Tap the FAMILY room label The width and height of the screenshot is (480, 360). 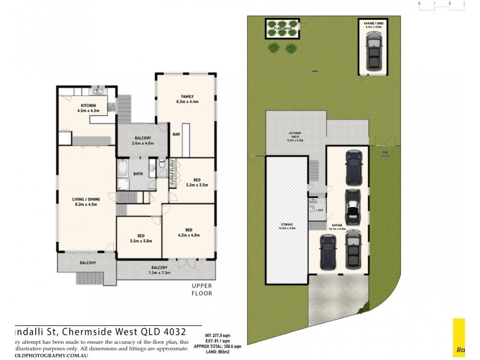click(187, 96)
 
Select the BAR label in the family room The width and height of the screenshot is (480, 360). click(176, 134)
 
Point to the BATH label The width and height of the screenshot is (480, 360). click(138, 174)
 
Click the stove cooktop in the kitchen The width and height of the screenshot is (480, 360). click(111, 107)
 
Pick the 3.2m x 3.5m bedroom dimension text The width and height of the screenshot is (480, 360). click(197, 185)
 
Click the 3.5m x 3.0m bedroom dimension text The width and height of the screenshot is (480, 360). click(141, 241)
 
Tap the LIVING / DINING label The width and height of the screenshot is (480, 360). click(85, 199)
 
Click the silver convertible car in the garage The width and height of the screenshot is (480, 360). click(352, 206)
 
